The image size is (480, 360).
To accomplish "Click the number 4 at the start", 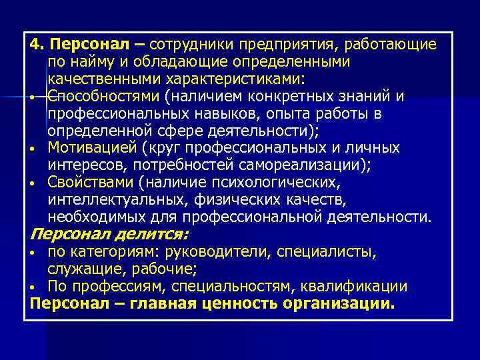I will pyautogui.click(x=35, y=45).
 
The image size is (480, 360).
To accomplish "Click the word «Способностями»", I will pyautogui.click(x=95, y=97).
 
